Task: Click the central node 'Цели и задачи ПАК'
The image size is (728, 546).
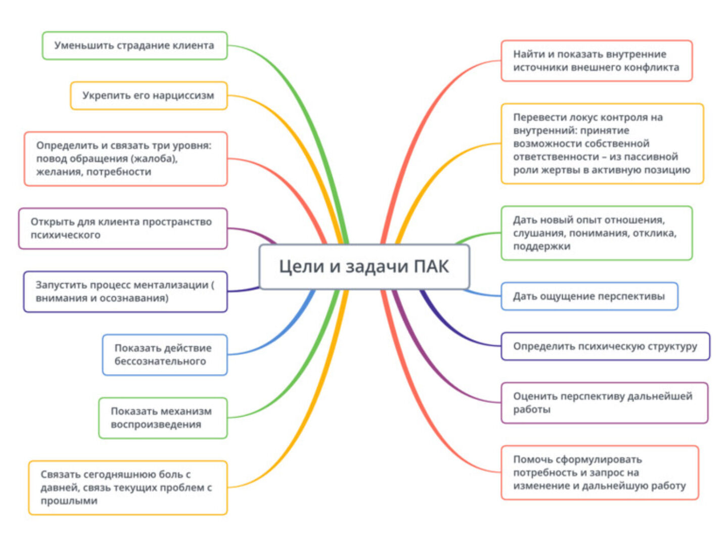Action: pos(364,266)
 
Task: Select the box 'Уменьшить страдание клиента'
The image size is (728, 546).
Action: pos(134,45)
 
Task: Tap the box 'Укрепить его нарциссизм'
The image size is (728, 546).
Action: pos(149,96)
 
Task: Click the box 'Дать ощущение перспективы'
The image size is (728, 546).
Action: pos(589,296)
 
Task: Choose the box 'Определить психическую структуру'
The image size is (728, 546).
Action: pos(605,346)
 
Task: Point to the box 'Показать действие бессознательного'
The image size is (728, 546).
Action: pos(164,355)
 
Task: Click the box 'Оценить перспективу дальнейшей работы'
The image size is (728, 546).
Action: pos(604,403)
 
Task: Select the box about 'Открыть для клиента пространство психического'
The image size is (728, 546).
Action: pos(123,229)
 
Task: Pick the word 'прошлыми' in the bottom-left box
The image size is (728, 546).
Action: pos(69,501)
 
